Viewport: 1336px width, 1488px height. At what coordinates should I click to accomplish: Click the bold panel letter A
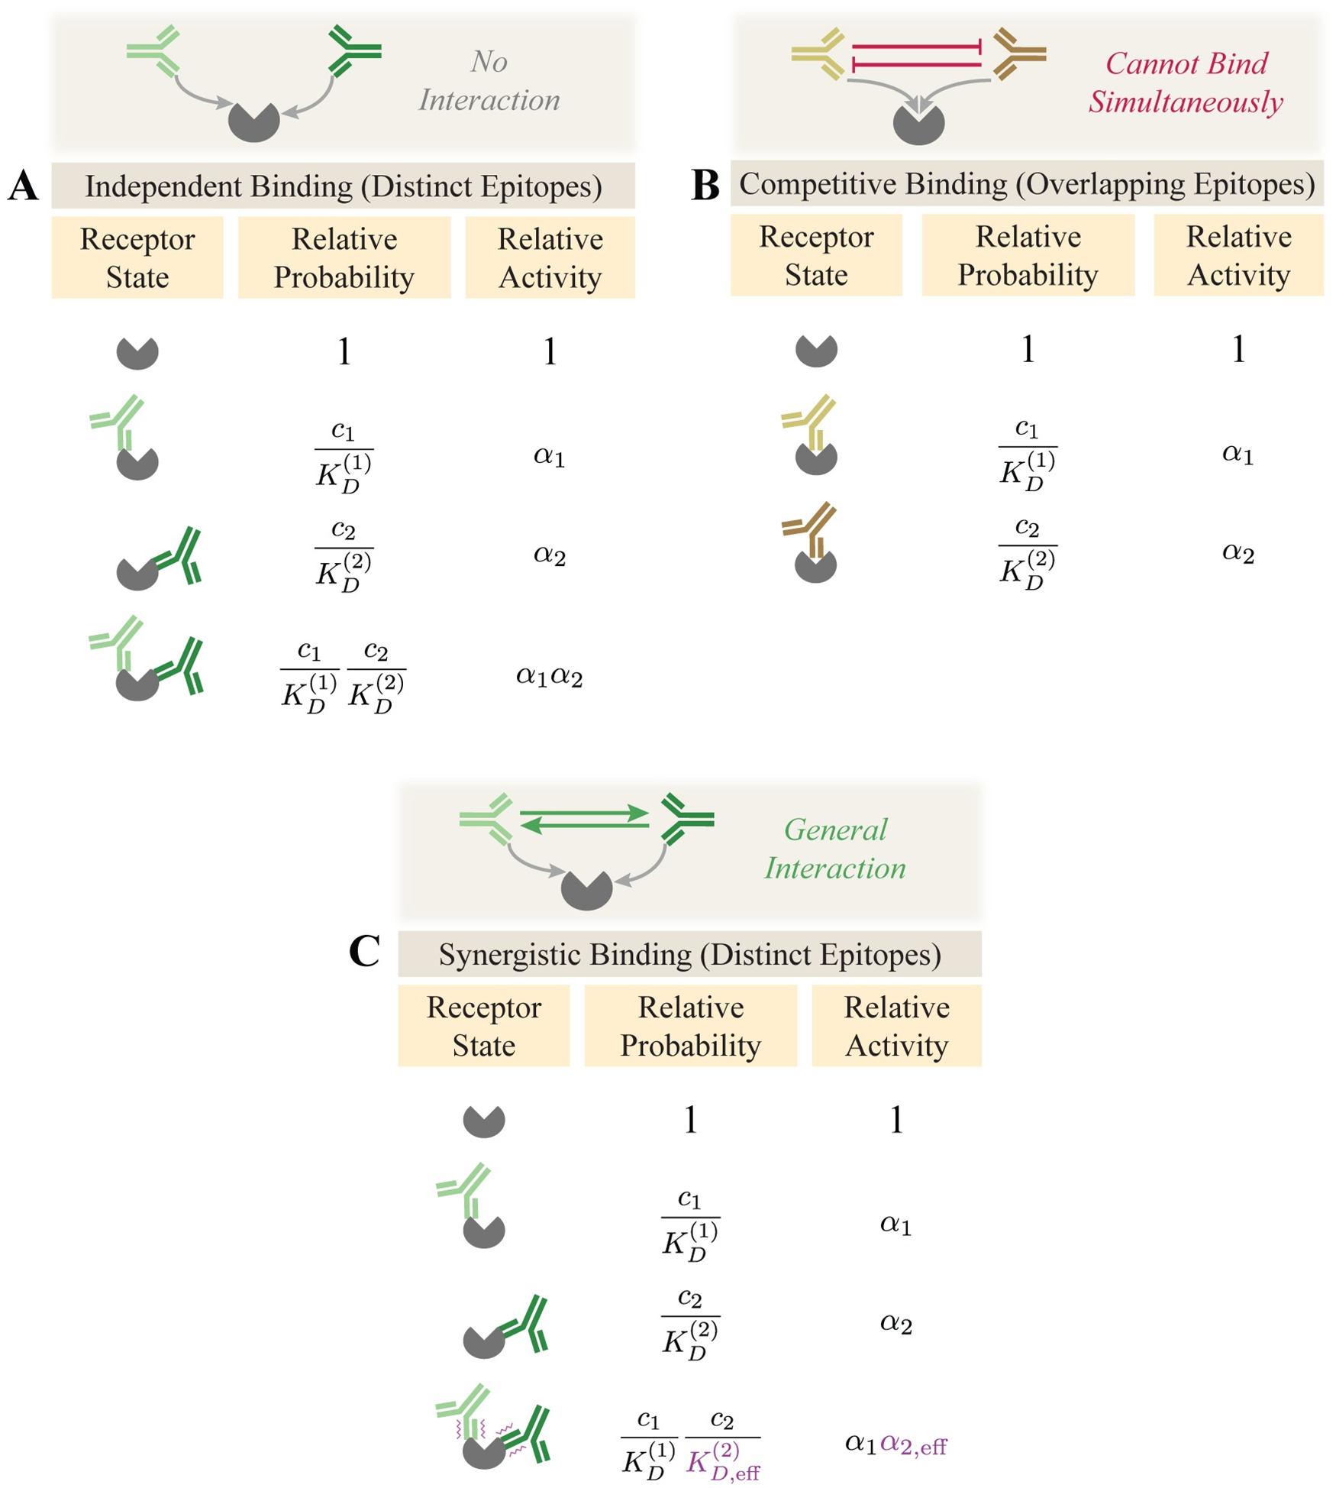pyautogui.click(x=23, y=186)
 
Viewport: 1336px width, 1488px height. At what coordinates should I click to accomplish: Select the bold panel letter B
pyautogui.click(x=705, y=184)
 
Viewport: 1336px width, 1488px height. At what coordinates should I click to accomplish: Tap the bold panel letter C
pyautogui.click(x=364, y=952)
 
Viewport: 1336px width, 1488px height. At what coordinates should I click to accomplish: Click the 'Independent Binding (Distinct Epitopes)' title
pyautogui.click(x=343, y=186)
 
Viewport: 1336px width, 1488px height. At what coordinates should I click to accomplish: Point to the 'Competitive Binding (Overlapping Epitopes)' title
pyautogui.click(x=1027, y=184)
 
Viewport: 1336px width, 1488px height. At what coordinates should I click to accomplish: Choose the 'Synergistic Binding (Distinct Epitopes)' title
pyautogui.click(x=689, y=955)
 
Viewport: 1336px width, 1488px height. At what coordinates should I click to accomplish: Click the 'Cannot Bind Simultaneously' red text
pyautogui.click(x=1186, y=82)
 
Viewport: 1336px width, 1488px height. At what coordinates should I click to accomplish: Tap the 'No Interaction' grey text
pyautogui.click(x=489, y=81)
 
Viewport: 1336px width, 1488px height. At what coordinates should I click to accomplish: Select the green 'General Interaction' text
pyautogui.click(x=835, y=849)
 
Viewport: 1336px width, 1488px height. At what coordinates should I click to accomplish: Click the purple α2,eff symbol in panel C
pyautogui.click(x=913, y=1444)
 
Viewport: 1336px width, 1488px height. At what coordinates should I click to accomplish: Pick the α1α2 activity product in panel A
pyautogui.click(x=549, y=676)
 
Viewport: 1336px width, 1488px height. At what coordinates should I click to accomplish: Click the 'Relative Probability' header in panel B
pyautogui.click(x=1028, y=255)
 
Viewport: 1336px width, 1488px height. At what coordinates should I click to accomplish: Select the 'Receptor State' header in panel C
pyautogui.click(x=483, y=1026)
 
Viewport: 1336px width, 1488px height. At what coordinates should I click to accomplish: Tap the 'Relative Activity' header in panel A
pyautogui.click(x=550, y=257)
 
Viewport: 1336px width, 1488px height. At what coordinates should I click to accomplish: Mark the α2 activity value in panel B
pyautogui.click(x=1238, y=552)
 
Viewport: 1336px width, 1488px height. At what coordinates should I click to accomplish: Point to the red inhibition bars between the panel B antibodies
pyautogui.click(x=917, y=56)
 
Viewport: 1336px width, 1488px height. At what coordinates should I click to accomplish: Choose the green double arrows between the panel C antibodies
pyautogui.click(x=584, y=820)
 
